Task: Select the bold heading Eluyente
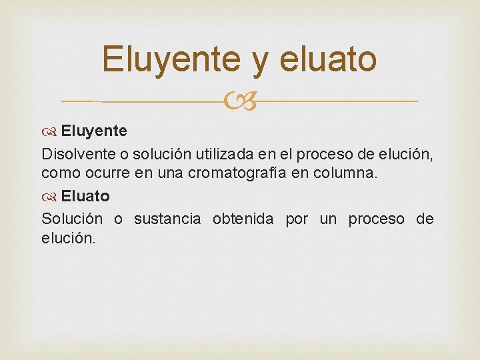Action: [94, 129]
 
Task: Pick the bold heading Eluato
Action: [85, 197]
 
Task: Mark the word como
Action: [59, 173]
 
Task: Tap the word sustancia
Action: [167, 219]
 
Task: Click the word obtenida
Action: [243, 219]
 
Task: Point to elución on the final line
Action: [69, 237]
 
